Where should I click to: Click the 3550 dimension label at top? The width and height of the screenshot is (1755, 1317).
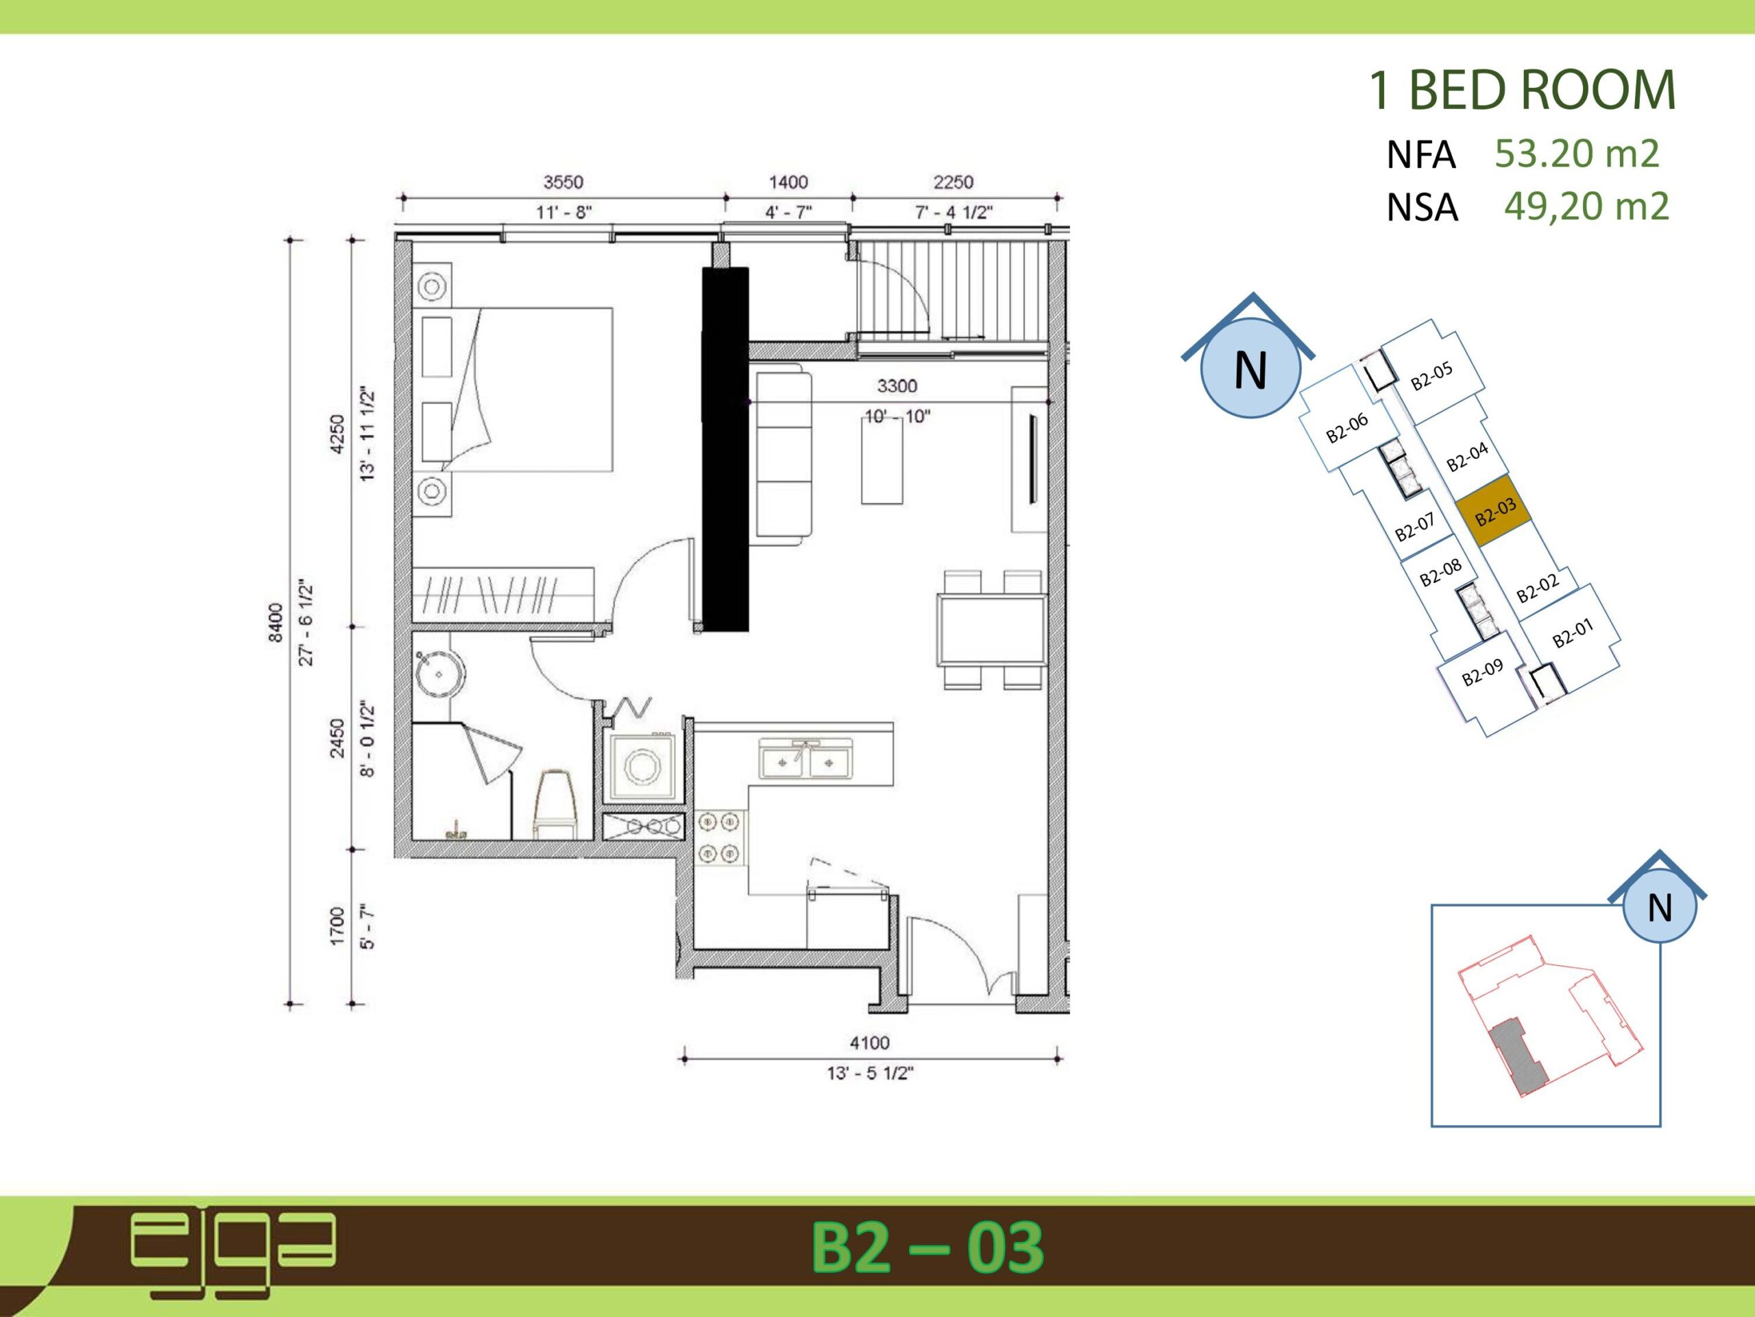pyautogui.click(x=564, y=182)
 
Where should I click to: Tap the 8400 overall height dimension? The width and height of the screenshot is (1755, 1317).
pyautogui.click(x=276, y=623)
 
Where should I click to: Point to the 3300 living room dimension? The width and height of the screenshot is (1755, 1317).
pyautogui.click(x=897, y=385)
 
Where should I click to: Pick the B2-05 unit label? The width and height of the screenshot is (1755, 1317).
pyautogui.click(x=1431, y=375)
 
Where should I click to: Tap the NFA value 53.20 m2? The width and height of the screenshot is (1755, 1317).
pyautogui.click(x=1577, y=153)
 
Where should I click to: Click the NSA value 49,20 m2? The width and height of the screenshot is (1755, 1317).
pyautogui.click(x=1587, y=206)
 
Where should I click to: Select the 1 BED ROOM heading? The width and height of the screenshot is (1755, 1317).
pyautogui.click(x=1522, y=90)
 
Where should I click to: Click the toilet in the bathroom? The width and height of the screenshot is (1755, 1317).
pyautogui.click(x=555, y=803)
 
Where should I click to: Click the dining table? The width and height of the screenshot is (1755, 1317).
pyautogui.click(x=992, y=630)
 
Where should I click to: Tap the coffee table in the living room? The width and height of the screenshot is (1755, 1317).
pyautogui.click(x=882, y=460)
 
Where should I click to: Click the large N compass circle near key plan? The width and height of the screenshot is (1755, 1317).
pyautogui.click(x=1250, y=368)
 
